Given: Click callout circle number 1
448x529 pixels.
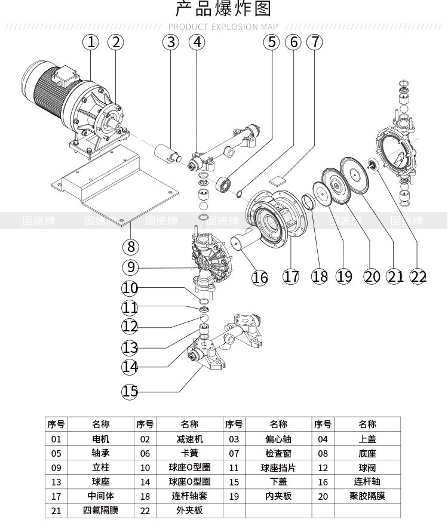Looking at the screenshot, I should (91, 41).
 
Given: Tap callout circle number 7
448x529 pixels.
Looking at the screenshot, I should (315, 42).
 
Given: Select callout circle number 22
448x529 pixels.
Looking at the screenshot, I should (419, 276).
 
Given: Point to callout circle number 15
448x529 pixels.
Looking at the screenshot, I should (130, 391).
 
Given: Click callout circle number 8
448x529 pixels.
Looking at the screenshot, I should (130, 246).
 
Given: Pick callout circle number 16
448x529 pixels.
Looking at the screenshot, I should (260, 278).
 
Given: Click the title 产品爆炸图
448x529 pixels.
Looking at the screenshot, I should (223, 10).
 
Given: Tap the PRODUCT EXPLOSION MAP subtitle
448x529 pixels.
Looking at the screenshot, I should (223, 27).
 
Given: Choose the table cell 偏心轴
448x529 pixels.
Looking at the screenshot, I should (278, 439).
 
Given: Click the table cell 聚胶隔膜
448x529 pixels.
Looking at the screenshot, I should (367, 496).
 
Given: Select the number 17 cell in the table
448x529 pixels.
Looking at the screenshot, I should (56, 496).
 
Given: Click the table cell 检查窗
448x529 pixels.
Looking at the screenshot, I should (278, 453).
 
